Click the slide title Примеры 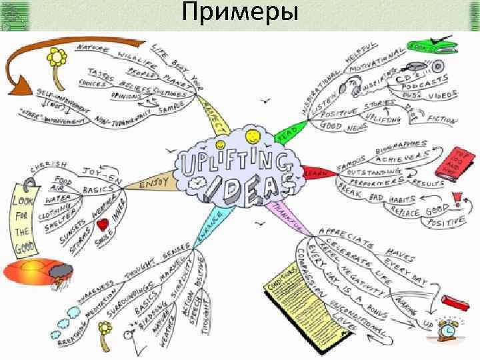tap(239, 14)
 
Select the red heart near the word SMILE tap(103, 226)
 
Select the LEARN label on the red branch tap(313, 173)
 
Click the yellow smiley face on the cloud tap(252, 137)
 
